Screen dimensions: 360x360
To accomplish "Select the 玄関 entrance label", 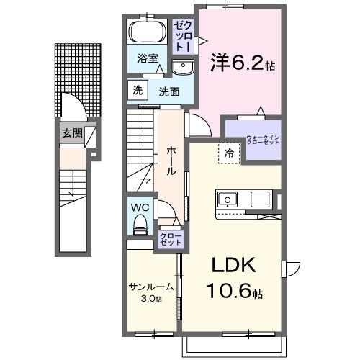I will [71, 133].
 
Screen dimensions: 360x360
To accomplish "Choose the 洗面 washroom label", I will [169, 91].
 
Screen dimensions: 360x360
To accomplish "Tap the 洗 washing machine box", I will [137, 91].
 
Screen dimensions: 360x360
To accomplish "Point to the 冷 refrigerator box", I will [228, 153].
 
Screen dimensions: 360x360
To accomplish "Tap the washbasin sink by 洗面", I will [183, 68].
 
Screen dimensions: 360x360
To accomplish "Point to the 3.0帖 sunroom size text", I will [150, 298].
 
